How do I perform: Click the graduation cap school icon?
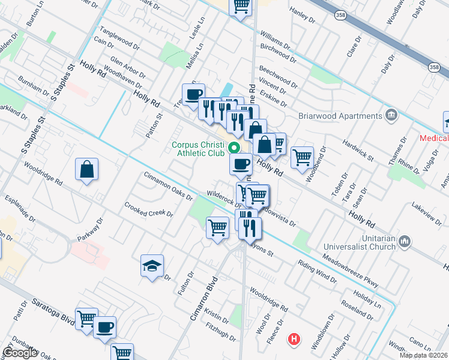coord(152,265)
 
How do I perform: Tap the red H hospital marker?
coord(294,339)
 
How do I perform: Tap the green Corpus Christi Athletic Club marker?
coord(235,148)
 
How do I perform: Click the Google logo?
coord(20,353)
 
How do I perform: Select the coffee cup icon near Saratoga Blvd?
coord(105,328)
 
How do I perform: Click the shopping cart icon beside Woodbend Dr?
coord(302,157)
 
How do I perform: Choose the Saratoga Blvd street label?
coord(40,310)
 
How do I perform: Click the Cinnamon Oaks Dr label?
coord(167,185)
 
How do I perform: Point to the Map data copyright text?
coord(423,355)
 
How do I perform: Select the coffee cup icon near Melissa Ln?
coord(193,95)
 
